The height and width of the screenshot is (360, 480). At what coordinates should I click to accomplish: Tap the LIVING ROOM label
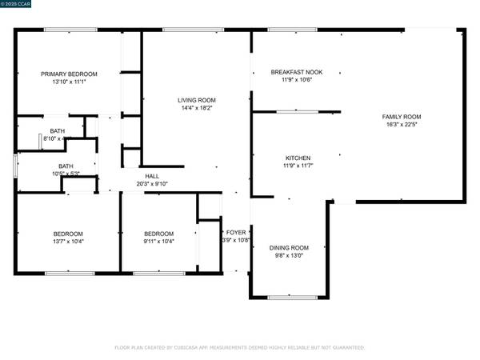click(196, 100)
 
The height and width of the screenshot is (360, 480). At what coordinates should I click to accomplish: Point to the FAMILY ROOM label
click(401, 117)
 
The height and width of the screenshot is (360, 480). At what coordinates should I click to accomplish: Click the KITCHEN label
click(298, 158)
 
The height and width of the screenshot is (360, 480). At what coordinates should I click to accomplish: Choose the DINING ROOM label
click(289, 247)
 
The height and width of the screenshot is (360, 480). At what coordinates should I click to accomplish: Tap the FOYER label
click(236, 232)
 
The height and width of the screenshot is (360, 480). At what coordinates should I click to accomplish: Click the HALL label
click(151, 176)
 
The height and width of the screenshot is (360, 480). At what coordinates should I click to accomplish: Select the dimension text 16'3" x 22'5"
click(401, 125)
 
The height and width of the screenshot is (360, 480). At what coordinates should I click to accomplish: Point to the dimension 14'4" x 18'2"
click(196, 107)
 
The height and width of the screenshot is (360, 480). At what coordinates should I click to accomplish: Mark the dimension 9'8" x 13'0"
click(289, 254)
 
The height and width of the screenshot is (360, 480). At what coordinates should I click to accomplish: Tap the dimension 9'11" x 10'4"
click(158, 241)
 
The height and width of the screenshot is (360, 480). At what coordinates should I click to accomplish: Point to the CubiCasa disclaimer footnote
click(240, 348)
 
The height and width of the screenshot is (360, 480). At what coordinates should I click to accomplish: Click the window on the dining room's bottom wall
click(291, 298)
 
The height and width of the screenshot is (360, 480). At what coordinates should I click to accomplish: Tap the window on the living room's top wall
click(193, 30)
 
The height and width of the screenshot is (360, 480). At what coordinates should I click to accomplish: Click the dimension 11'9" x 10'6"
click(296, 79)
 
